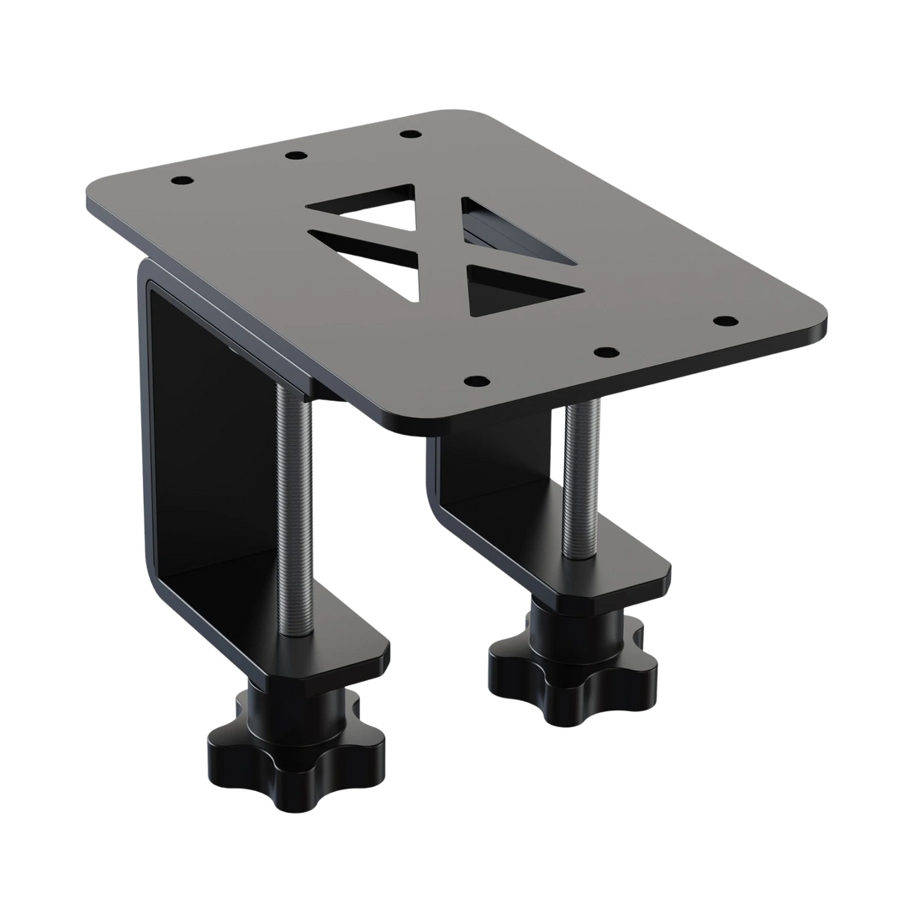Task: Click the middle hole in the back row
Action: pyautogui.click(x=294, y=156)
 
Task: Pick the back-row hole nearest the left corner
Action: pyautogui.click(x=181, y=181)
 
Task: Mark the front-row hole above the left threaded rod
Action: pyautogui.click(x=475, y=381)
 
